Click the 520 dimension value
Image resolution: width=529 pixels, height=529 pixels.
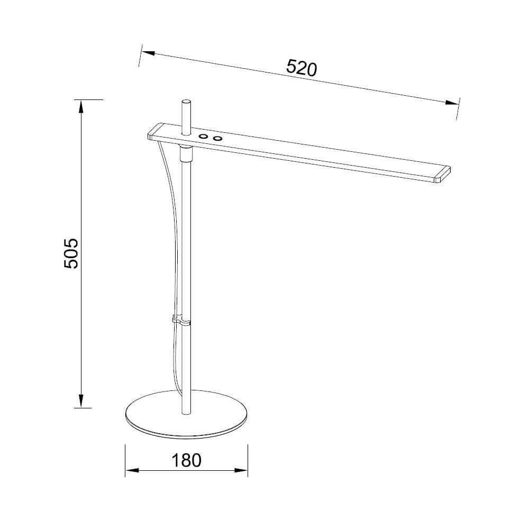click(x=301, y=68)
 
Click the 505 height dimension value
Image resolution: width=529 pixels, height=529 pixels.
click(x=71, y=253)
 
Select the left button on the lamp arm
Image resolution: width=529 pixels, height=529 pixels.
click(x=203, y=137)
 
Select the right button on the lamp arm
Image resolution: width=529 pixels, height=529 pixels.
click(x=217, y=139)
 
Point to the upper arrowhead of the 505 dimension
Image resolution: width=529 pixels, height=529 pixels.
click(x=81, y=106)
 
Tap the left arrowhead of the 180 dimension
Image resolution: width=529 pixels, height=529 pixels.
click(x=130, y=470)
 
